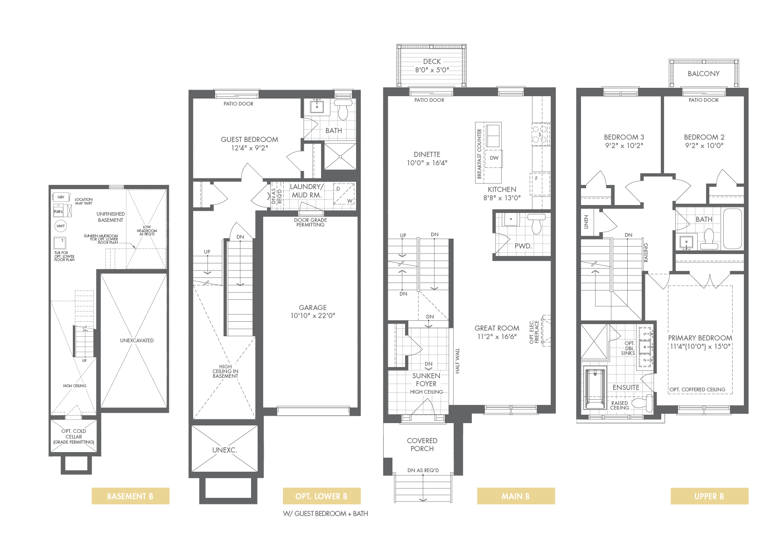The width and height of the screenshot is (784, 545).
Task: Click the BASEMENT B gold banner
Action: [130, 496]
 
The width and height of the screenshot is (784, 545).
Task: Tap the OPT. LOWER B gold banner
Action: [321, 496]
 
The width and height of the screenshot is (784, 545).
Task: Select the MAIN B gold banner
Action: [516, 496]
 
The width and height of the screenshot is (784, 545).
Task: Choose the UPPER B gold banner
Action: [709, 496]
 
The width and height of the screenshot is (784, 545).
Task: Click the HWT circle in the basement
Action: [61, 226]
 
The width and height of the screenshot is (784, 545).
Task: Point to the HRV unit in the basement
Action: [61, 197]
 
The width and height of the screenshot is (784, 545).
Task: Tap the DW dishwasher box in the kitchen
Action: [494, 158]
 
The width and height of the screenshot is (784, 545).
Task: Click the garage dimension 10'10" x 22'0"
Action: [313, 316]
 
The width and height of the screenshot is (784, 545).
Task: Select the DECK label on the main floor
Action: [432, 61]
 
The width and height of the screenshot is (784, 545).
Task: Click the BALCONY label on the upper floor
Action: [704, 74]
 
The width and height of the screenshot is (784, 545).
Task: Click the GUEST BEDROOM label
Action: [250, 139]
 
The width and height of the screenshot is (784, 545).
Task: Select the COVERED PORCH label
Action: [422, 445]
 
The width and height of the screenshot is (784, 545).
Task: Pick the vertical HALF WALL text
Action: [457, 361]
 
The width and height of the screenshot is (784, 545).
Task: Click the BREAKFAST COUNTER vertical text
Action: [479, 154]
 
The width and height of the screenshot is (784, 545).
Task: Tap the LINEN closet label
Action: [586, 222]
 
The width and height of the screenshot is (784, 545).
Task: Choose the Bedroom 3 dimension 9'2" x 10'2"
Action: [624, 146]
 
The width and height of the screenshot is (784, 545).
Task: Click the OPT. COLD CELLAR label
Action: [74, 436]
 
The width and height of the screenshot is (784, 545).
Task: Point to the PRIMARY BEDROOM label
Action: [700, 338]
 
